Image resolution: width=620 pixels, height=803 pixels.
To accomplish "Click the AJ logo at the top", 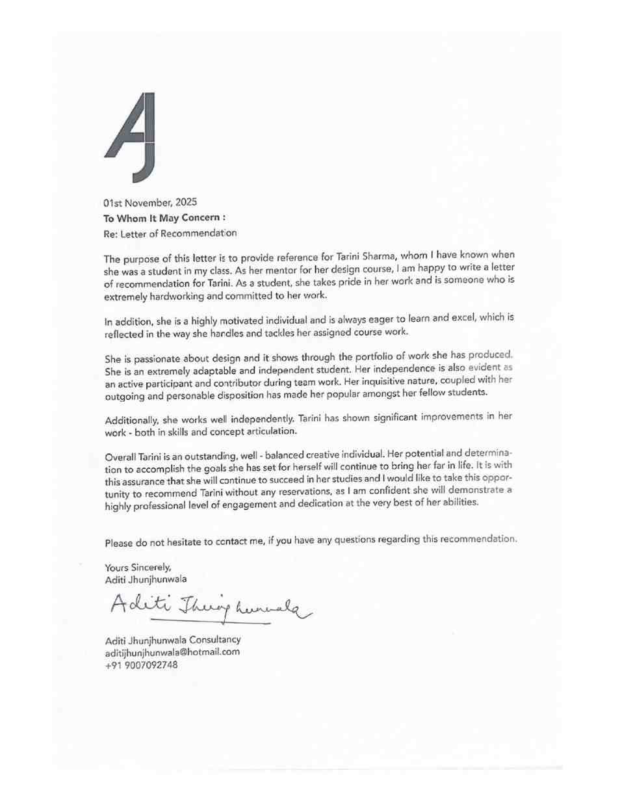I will coord(131,137).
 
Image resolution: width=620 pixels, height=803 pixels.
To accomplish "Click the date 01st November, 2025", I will coord(150,203).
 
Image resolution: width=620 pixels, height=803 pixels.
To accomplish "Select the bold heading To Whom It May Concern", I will coord(164,218).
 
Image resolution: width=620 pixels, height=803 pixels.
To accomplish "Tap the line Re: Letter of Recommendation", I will coord(170,233).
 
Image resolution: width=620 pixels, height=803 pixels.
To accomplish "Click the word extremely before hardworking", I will coord(125,296).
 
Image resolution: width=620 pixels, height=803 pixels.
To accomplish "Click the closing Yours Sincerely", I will coord(138,567).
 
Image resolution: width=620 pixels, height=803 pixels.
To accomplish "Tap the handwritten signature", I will coord(208,608).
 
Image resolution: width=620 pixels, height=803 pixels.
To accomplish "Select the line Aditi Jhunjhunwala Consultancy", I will coord(173,640).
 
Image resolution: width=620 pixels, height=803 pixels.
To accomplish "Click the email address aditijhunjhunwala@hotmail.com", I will coord(172,652).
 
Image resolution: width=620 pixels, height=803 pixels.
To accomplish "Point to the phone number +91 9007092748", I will coord(141,665).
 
